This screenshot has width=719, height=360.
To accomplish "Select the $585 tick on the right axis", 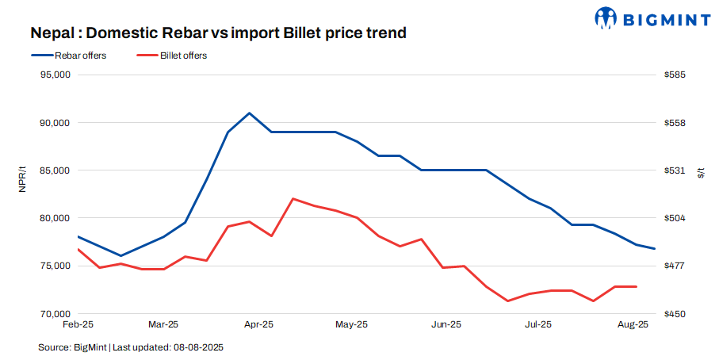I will click(x=675, y=75).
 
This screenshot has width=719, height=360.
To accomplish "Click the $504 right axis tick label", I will click(x=675, y=218).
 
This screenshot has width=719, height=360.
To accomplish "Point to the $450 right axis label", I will click(x=675, y=314).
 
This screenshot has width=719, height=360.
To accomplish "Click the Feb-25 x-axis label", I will click(x=78, y=324).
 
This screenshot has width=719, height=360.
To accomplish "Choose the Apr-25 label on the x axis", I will click(x=258, y=324).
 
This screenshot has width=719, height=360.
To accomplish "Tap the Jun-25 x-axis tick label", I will click(x=446, y=324).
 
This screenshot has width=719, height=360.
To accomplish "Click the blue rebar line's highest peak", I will click(x=250, y=113).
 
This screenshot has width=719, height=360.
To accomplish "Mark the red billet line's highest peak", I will click(x=293, y=198).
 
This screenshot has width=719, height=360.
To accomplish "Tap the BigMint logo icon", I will click(x=607, y=17).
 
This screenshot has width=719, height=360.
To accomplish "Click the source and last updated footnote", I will click(x=136, y=347).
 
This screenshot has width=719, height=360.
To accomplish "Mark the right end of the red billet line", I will click(x=637, y=286).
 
